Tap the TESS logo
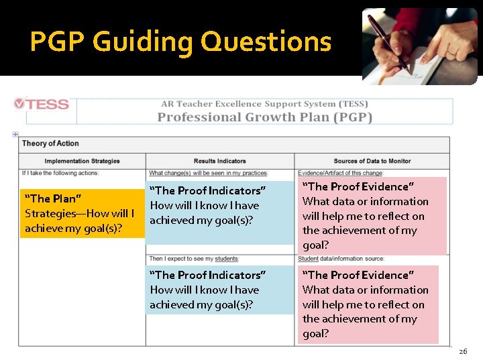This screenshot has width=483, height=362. point(42,104)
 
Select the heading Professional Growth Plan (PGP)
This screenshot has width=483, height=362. point(264,117)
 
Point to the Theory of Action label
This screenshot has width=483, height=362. point(50,143)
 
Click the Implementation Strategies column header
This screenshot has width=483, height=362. point(82,161)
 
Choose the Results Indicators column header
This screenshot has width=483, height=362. point(219,161)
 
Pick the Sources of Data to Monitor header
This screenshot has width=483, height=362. point(372,161)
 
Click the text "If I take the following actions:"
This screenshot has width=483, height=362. point(60,173)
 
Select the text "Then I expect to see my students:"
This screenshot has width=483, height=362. point(194,259)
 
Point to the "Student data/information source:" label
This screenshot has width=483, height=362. point(341,259)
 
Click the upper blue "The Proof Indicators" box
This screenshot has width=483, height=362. point(220,206)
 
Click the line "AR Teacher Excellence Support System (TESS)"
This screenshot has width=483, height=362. point(264,104)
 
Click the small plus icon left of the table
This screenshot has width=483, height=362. point(15,134)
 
